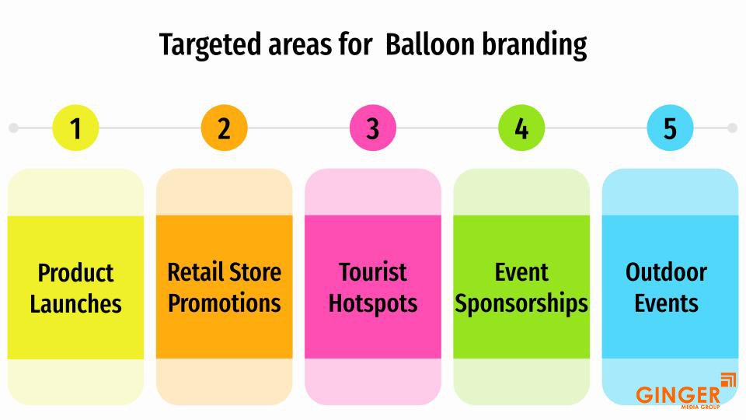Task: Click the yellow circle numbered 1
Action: point(75,128)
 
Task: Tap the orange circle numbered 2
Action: point(224,128)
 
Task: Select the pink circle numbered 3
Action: point(373,128)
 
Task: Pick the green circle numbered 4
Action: point(521,128)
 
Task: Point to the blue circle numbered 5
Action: point(670,128)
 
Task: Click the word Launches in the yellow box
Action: point(75,303)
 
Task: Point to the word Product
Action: point(75,273)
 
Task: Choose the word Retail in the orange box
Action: point(192,272)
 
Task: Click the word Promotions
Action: point(224,303)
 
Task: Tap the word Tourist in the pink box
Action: point(373,272)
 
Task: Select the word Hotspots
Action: point(373,303)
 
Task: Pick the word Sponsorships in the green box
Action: point(521,303)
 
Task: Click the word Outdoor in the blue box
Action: point(666,272)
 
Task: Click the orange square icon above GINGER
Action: point(728,380)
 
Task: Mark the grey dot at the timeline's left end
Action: point(13,128)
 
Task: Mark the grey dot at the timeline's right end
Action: point(732,128)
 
